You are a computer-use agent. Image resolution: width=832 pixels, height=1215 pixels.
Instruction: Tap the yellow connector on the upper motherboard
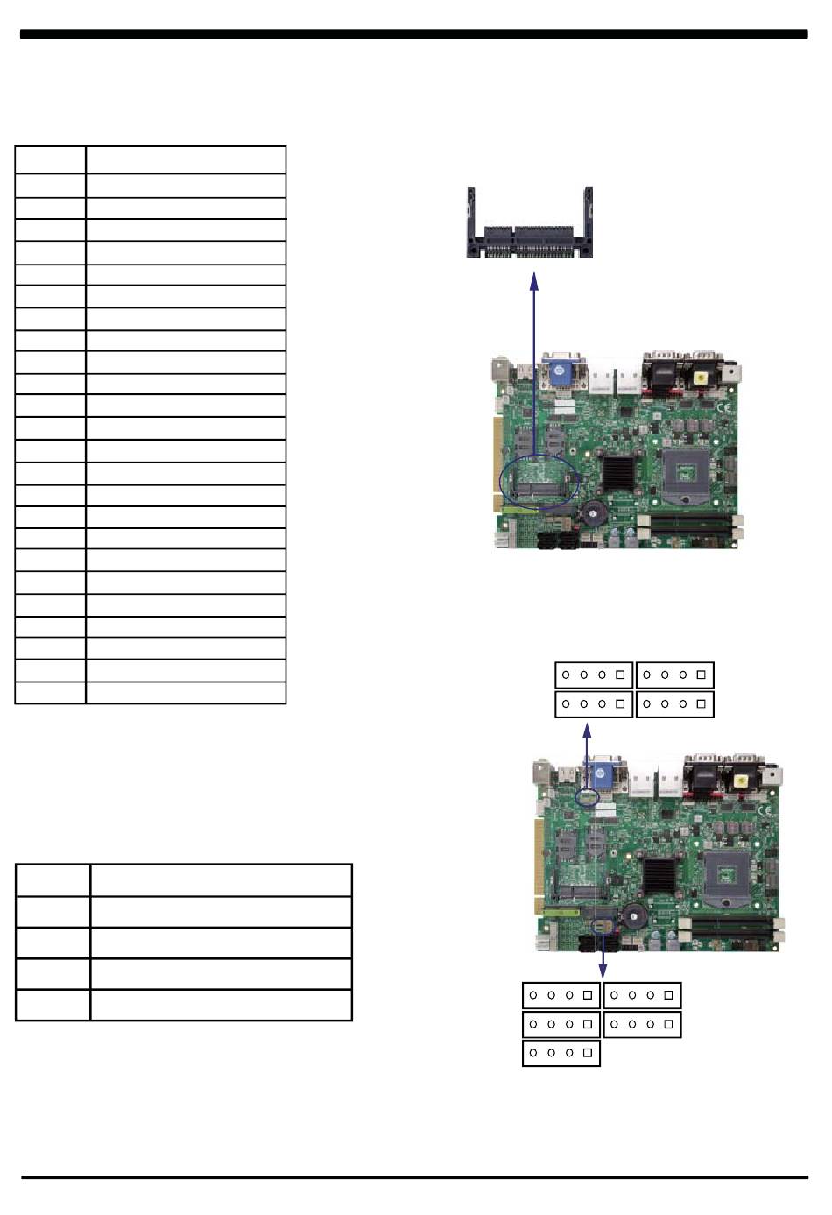[x=701, y=378]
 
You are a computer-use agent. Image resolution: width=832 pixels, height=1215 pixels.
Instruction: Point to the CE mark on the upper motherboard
[x=723, y=407]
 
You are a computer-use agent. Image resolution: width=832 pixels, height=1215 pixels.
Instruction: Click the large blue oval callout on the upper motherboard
[x=539, y=481]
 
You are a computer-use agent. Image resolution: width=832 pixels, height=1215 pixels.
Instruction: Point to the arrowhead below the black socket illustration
[x=534, y=280]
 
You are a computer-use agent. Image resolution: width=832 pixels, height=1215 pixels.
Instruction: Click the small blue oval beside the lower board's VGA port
[x=589, y=798]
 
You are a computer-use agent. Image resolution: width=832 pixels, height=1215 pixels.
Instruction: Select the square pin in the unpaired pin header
[x=587, y=1053]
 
